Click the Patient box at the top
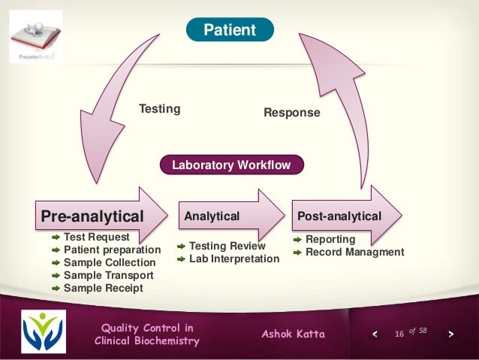tap(230, 30)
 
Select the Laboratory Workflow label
tap(231, 165)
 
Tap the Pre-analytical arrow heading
tap(92, 216)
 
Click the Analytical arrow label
tap(212, 216)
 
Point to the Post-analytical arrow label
tap(339, 216)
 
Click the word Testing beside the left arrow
tap(159, 109)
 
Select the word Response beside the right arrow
tap(291, 113)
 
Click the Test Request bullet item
tap(96, 237)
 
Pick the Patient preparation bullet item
tap(112, 250)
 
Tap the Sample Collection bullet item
tap(109, 262)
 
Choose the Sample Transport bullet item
tap(108, 275)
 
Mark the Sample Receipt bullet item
tap(103, 288)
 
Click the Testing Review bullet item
tap(227, 246)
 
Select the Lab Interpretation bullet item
tap(233, 259)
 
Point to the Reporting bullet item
tap(330, 239)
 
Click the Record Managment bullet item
tap(354, 252)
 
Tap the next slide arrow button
tap(450, 334)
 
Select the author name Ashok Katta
tap(293, 334)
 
